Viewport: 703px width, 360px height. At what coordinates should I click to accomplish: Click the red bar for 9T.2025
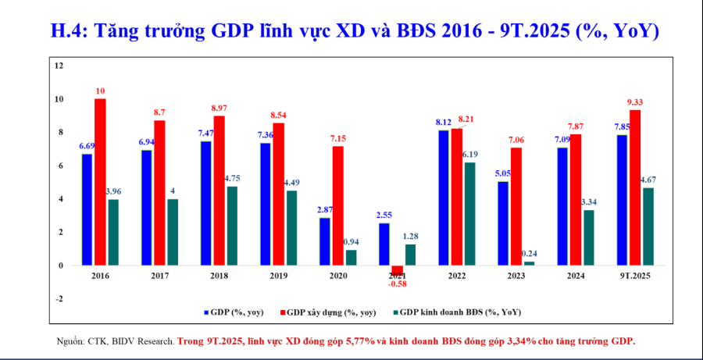[x=634, y=187]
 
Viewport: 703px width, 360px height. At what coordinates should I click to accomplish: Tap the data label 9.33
[x=634, y=102]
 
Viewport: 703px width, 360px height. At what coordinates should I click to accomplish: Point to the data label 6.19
[x=470, y=155]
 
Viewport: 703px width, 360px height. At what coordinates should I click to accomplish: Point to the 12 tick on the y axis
[x=59, y=66]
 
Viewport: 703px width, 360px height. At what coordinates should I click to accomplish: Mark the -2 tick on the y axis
[x=59, y=299]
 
